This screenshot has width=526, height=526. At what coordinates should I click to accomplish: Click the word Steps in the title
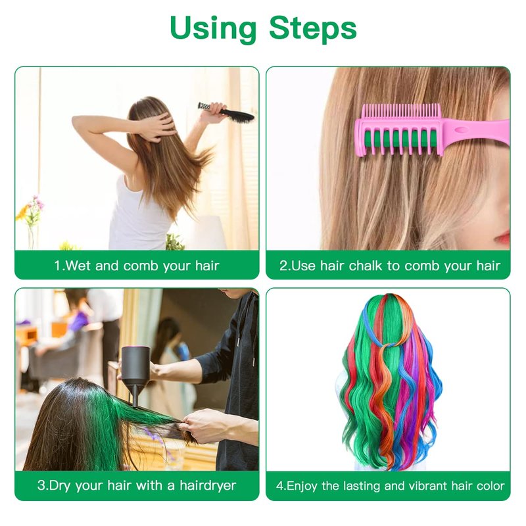(x=313, y=28)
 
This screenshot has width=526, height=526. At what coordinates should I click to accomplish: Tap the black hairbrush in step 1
(x=226, y=112)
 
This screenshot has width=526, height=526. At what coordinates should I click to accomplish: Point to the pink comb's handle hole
(x=462, y=130)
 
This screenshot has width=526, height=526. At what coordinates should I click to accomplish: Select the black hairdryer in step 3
(x=135, y=374)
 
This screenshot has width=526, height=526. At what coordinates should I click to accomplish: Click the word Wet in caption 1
(x=78, y=266)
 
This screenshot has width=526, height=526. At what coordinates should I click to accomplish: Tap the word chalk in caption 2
(x=366, y=266)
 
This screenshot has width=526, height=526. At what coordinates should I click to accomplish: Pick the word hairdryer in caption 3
(x=208, y=485)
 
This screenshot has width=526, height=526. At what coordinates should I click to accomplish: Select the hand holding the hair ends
(x=201, y=424)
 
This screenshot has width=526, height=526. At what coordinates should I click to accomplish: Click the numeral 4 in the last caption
(x=279, y=486)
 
